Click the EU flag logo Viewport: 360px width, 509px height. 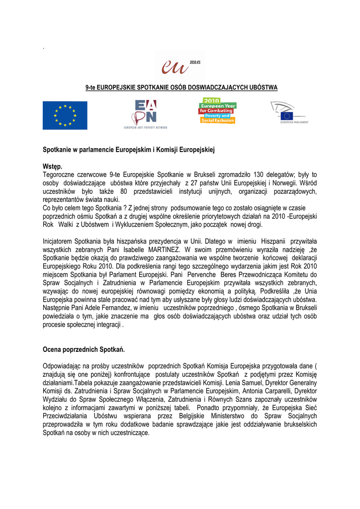[x=65, y=115]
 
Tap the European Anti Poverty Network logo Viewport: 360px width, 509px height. [x=145, y=115]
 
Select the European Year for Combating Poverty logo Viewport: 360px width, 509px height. [x=218, y=111]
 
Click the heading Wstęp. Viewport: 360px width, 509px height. [x=53, y=167]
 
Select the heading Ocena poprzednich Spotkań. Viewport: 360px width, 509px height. [x=84, y=349]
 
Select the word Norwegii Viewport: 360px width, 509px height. [x=285, y=183]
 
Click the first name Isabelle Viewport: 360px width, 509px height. [x=127, y=250]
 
